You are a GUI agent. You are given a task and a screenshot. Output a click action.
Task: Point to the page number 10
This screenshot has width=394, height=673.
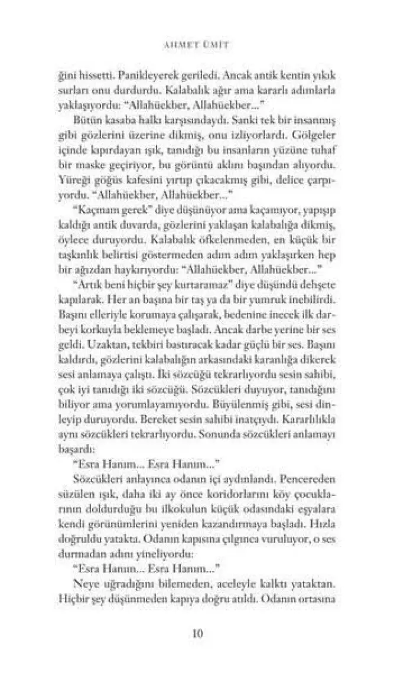coord(197,634)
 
